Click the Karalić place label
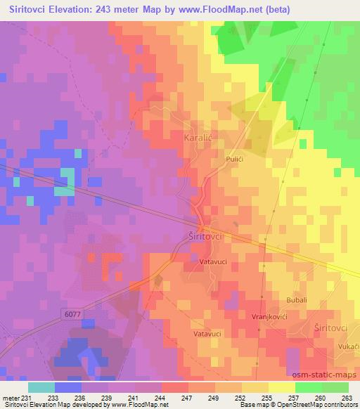(198, 137)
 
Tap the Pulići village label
(235, 160)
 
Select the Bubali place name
(297, 300)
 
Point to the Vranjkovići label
(269, 317)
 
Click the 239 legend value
(106, 397)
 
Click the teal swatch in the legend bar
(41, 387)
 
